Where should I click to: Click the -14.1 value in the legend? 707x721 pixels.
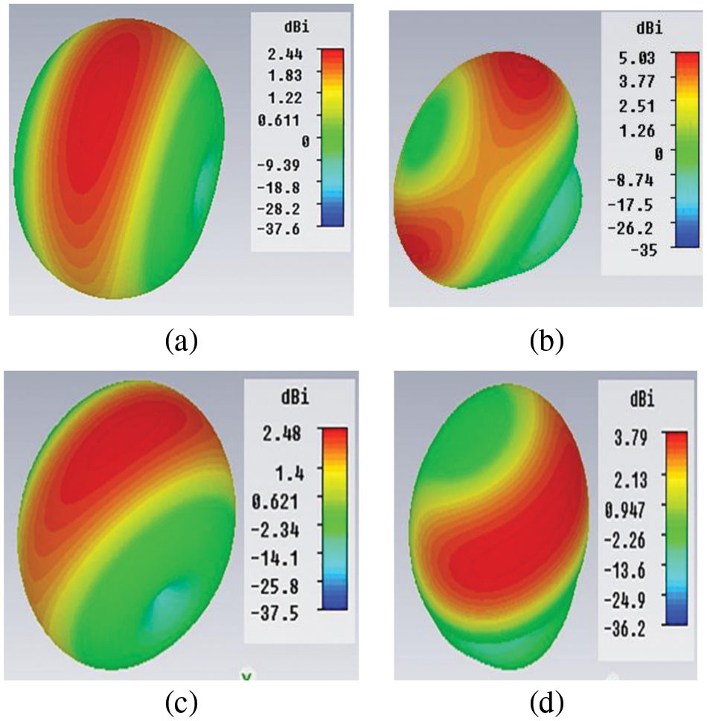click(x=275, y=556)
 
